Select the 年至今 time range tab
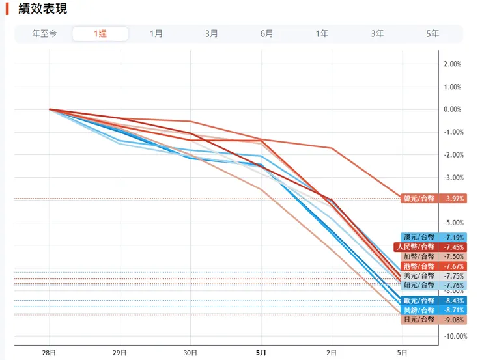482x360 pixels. (x=45, y=34)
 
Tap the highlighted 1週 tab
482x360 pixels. (x=100, y=34)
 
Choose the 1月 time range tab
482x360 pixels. (x=156, y=34)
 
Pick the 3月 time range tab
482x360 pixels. (x=212, y=34)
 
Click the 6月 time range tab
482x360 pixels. (x=267, y=34)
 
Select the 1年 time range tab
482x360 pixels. (x=322, y=34)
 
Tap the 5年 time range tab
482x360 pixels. (x=432, y=34)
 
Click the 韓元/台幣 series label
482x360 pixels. (x=419, y=199)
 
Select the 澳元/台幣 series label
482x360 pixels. (x=419, y=238)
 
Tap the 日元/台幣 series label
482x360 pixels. (x=419, y=320)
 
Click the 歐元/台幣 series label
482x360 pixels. (x=419, y=301)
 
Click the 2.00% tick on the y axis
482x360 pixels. (x=452, y=64)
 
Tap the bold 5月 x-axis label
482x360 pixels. (x=261, y=353)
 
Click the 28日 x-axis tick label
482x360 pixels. (x=50, y=353)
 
